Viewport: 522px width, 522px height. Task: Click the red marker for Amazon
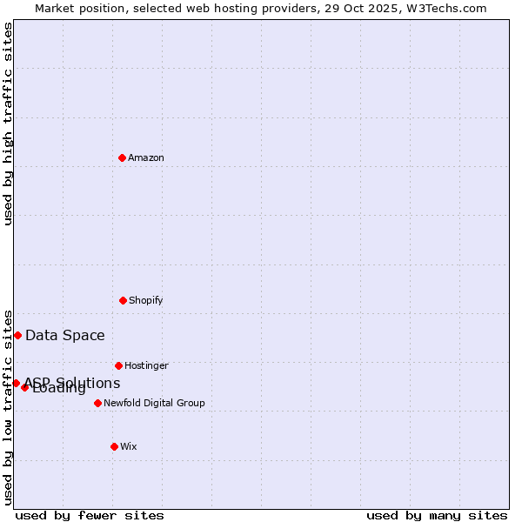coord(123,157)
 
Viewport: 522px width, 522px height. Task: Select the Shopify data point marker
coord(123,300)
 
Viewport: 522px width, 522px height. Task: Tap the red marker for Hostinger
coord(118,365)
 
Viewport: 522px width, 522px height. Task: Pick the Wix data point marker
coord(114,446)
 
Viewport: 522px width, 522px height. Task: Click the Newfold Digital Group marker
coord(97,403)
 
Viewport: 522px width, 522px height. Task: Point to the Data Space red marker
coord(17,335)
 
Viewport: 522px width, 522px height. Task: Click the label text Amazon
coord(146,157)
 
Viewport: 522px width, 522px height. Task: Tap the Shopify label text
coord(146,300)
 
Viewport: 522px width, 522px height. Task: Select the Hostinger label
coord(146,365)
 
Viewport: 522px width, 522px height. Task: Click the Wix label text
coord(129,446)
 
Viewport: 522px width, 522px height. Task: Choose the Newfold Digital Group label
coord(154,403)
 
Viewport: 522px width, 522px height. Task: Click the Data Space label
coord(65,335)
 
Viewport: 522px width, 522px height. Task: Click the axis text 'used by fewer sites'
coord(90,515)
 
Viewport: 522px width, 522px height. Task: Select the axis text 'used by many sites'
coord(437,515)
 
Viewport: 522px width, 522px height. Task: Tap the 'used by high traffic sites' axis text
coord(8,124)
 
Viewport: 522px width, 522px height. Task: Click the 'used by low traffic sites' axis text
coord(8,407)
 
